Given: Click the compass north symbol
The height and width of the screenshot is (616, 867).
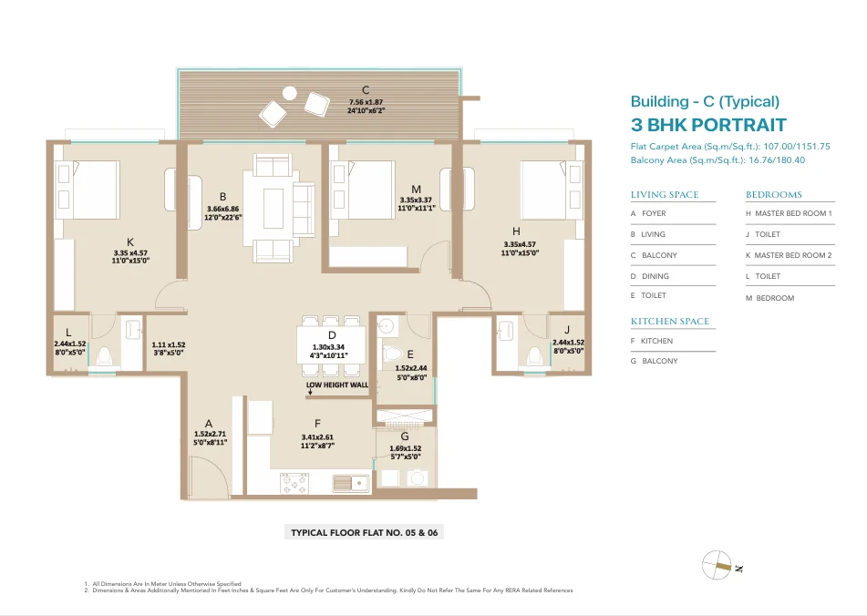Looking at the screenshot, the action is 717,565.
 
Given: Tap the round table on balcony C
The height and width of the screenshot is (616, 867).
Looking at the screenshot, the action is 289,93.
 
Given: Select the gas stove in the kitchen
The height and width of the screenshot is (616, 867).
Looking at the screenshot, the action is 294,483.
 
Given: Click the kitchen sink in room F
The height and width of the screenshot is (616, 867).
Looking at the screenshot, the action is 351,483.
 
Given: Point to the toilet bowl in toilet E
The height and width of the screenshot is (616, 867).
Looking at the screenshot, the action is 392,353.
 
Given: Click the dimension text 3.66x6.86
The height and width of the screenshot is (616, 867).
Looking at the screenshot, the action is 222,209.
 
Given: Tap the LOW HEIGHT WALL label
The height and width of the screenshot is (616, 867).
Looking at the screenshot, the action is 337,385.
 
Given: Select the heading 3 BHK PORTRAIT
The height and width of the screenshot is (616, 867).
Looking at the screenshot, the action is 708,125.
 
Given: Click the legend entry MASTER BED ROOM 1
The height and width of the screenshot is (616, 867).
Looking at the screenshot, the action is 789,213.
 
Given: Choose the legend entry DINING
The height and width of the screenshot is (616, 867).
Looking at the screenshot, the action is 650,276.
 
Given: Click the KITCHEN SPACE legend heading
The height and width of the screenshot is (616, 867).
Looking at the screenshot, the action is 669,321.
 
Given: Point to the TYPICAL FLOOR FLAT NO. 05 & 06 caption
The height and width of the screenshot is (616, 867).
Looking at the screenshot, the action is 365,532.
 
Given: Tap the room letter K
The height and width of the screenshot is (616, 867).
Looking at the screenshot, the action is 130,242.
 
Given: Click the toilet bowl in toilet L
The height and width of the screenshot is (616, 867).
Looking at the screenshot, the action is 104,356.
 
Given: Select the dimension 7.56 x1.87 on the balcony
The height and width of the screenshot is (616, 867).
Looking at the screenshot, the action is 366,102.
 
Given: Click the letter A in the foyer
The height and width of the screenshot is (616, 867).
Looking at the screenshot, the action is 209,424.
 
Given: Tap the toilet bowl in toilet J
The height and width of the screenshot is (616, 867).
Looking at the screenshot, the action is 534,356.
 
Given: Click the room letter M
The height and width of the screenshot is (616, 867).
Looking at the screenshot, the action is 417,190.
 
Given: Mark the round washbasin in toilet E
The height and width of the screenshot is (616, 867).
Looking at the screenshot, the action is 386,326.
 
